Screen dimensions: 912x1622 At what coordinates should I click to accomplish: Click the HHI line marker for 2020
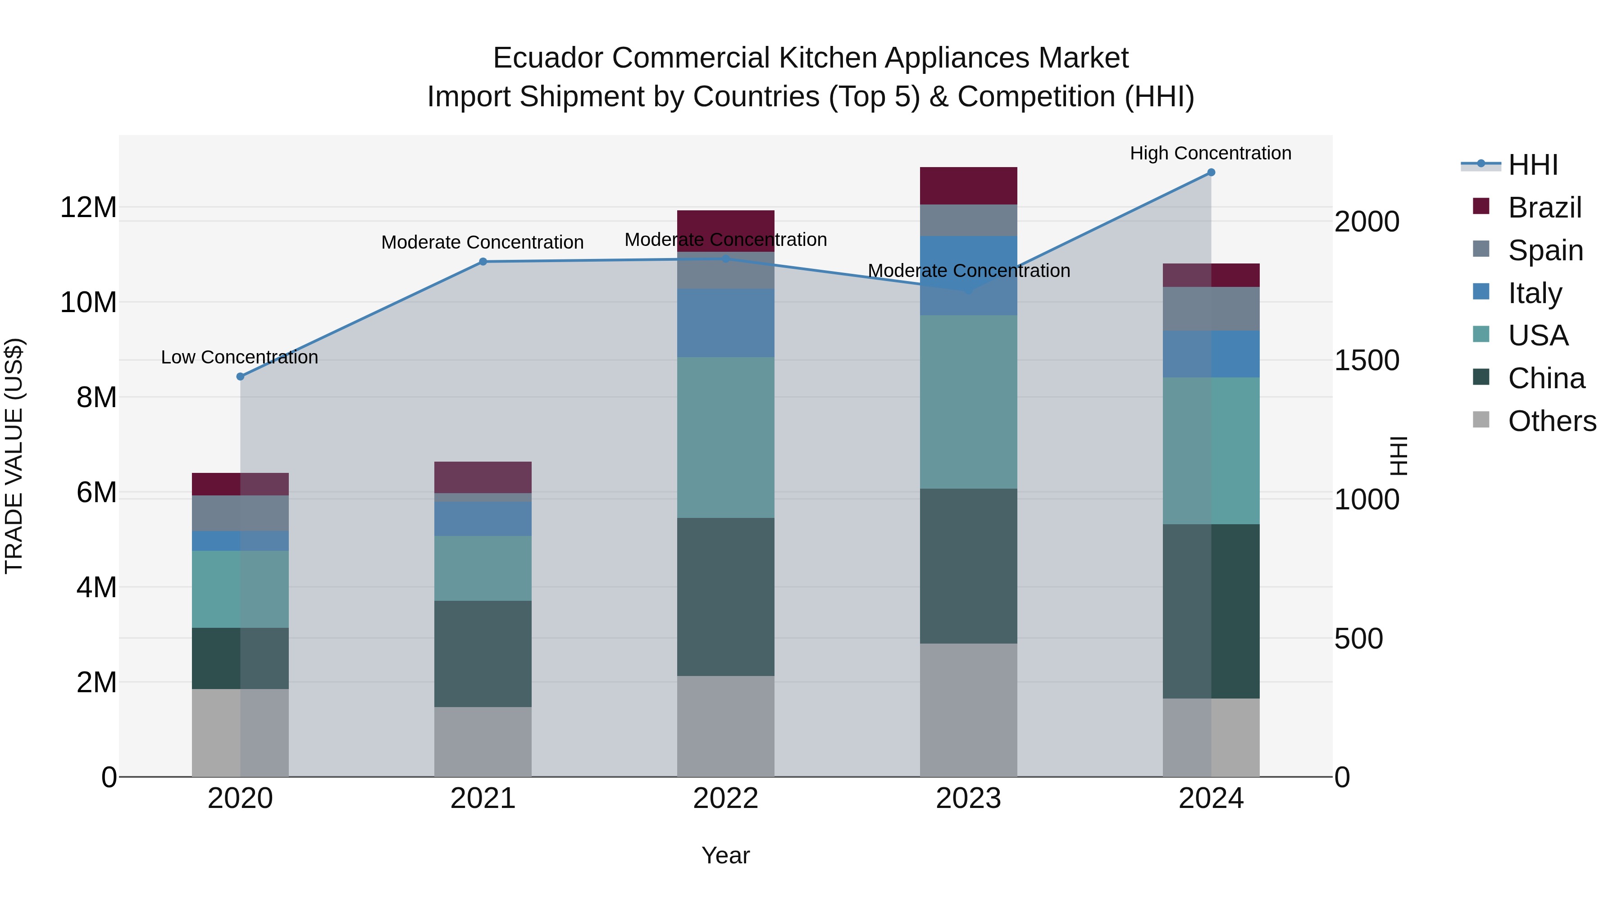click(240, 377)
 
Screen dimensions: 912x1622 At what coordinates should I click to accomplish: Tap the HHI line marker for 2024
click(1211, 172)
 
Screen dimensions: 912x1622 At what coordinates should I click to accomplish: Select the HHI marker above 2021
click(483, 262)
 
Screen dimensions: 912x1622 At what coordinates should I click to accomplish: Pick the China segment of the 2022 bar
click(725, 597)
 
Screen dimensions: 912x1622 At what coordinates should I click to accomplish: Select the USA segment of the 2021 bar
click(483, 568)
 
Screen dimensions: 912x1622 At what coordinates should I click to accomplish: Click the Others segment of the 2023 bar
click(968, 710)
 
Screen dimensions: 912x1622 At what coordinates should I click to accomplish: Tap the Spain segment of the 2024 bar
click(1211, 309)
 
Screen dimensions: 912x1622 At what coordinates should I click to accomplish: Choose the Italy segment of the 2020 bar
click(240, 540)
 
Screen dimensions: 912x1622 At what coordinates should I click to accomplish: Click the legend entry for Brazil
click(1545, 208)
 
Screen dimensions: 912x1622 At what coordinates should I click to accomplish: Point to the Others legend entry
click(1551, 421)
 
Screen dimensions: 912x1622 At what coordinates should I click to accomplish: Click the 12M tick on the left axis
click(88, 208)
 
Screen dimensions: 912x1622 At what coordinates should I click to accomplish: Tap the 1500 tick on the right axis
click(1367, 361)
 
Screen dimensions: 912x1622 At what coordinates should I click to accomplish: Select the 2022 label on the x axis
click(725, 799)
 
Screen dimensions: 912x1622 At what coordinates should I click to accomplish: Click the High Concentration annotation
click(1210, 153)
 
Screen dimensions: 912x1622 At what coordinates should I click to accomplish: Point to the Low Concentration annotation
click(239, 357)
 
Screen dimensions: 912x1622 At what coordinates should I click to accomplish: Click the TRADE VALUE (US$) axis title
click(14, 456)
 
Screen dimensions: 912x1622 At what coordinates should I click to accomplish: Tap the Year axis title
click(725, 855)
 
